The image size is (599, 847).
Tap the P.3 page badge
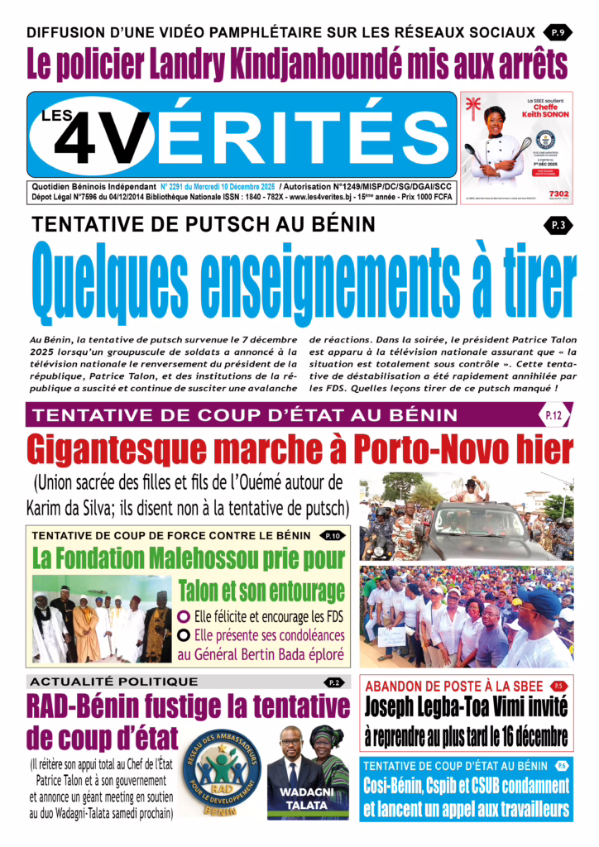[556, 224]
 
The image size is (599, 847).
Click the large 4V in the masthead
[103, 134]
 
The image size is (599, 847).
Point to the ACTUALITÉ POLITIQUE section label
[115, 682]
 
